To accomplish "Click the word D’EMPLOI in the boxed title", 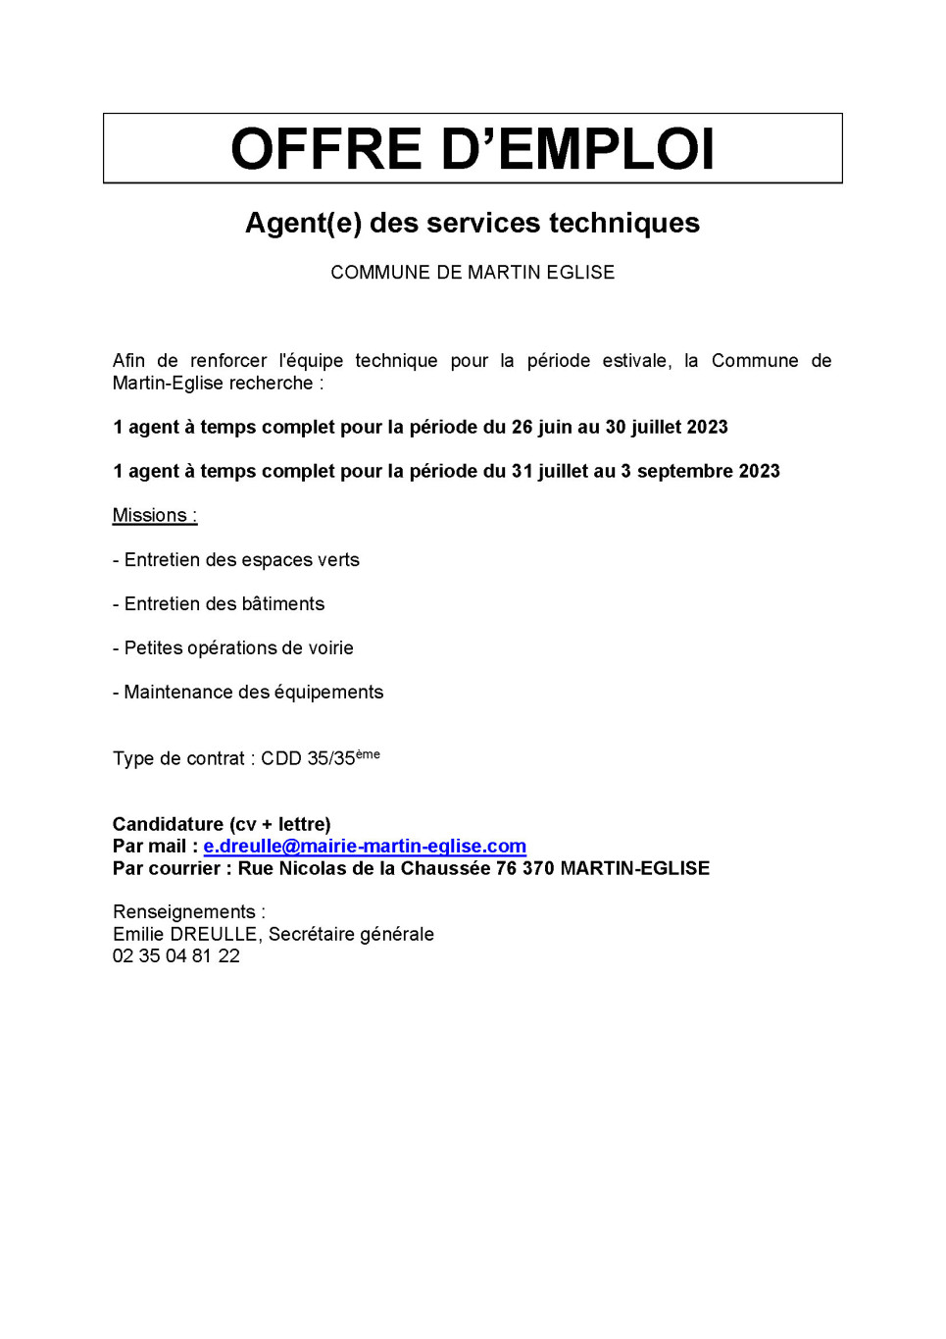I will [x=577, y=149].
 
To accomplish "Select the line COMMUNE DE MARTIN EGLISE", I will [x=473, y=273].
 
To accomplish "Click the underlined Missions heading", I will [x=154, y=515].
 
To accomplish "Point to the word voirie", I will [x=330, y=648].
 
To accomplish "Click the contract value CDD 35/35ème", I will [x=320, y=758].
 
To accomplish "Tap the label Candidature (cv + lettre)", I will [x=222, y=824].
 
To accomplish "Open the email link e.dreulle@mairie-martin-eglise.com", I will [x=365, y=847].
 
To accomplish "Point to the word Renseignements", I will [x=184, y=912].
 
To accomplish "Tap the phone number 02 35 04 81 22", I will [x=176, y=956].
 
